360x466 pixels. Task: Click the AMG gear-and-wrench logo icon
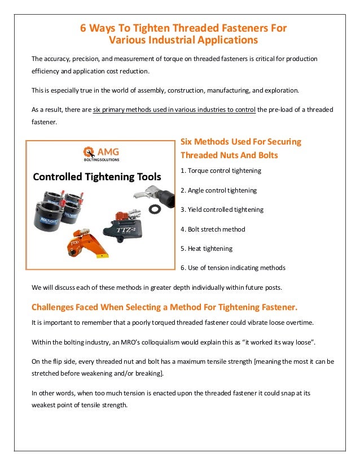coord(89,153)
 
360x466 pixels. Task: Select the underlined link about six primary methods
coord(174,110)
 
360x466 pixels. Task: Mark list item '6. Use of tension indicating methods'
coord(232,268)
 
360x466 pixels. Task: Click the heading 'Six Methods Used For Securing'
coord(240,141)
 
